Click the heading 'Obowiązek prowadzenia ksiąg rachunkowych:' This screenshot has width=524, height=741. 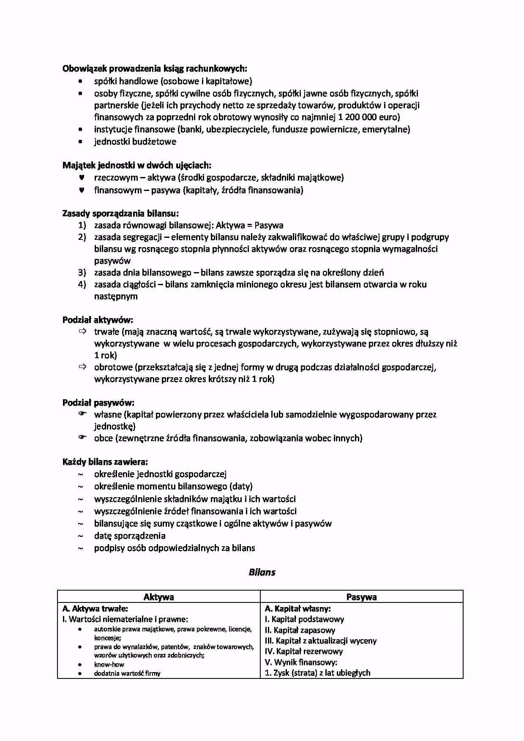(x=154, y=68)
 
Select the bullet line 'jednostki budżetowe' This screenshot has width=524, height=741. (x=135, y=142)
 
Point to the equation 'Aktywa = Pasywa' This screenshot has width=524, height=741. (x=249, y=225)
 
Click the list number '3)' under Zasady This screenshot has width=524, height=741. (x=82, y=272)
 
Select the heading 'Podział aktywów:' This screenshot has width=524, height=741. (x=98, y=320)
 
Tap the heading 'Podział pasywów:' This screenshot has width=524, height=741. (x=98, y=403)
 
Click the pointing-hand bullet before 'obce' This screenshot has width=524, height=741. (x=82, y=437)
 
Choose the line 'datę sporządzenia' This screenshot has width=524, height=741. (x=129, y=536)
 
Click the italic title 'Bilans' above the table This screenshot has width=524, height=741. (x=262, y=572)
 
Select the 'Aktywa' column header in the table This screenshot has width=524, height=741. (x=158, y=597)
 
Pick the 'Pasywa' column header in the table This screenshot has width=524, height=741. (x=361, y=597)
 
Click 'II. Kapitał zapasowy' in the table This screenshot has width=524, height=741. (x=300, y=630)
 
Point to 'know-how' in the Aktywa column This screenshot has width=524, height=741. (x=109, y=664)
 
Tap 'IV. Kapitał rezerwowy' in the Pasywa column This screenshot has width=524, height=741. (x=304, y=651)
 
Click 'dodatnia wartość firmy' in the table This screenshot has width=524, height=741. (x=127, y=673)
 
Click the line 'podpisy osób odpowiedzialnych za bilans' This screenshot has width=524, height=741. (x=174, y=548)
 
